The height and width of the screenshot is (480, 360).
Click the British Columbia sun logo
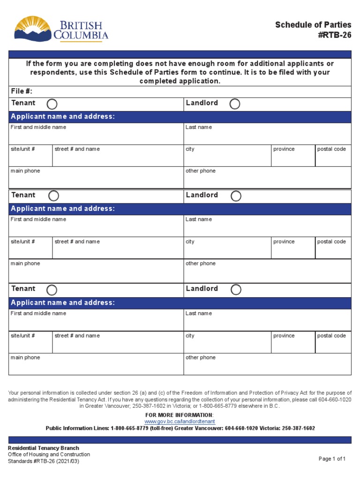32,29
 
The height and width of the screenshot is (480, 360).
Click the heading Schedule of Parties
313,25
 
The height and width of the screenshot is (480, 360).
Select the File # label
22,91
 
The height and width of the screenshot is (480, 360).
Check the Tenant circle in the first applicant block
52,104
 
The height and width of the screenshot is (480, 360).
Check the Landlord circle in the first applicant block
235,104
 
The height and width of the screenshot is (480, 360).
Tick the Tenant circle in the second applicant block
54,195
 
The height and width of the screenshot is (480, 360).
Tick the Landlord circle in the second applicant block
236,196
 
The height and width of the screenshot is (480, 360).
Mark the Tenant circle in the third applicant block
52,290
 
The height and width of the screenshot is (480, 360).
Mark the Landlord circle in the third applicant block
236,290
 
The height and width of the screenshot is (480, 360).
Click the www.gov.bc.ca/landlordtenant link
180,422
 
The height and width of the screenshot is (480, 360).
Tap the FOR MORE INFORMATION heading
180,415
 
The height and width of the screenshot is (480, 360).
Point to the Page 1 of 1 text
332,459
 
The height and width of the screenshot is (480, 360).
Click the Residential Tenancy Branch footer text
43,448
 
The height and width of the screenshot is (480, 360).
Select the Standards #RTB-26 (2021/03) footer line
43,461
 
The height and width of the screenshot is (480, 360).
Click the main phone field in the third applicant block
96,367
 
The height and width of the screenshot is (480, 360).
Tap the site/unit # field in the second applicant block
30,251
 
